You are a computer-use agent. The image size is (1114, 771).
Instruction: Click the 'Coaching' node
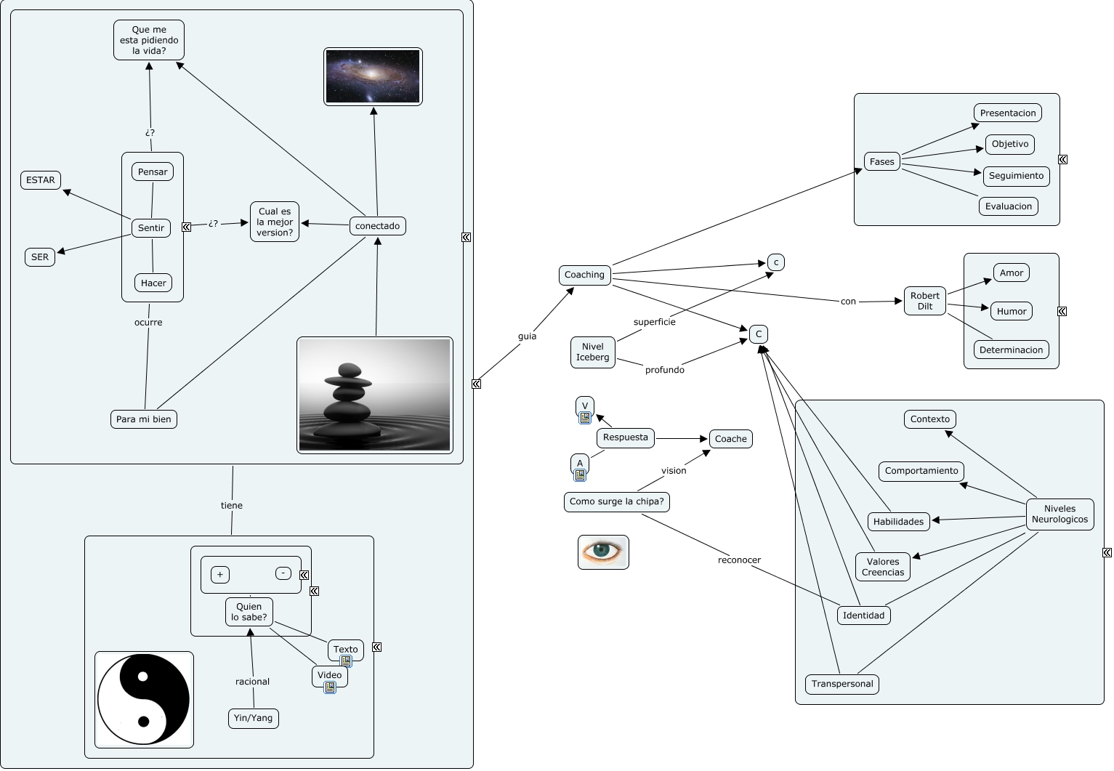(584, 275)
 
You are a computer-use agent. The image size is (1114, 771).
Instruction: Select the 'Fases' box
(881, 161)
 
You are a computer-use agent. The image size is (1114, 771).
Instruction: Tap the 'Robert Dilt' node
(924, 301)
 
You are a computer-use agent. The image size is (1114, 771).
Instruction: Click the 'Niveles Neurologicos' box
(1059, 514)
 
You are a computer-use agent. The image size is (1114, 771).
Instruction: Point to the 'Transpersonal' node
(841, 684)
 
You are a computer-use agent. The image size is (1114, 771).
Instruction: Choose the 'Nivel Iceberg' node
(592, 352)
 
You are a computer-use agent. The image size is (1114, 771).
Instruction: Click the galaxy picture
(373, 76)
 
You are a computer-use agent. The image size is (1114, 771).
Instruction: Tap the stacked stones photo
(374, 395)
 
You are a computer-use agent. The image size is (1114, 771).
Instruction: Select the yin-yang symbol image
(144, 699)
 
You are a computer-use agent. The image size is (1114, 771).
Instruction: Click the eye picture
(602, 552)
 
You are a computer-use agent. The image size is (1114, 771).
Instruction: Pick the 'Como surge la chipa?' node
(616, 501)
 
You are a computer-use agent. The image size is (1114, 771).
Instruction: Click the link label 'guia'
(527, 336)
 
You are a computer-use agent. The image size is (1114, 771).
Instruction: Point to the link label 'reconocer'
(739, 560)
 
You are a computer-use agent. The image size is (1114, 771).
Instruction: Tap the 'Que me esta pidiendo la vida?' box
(149, 41)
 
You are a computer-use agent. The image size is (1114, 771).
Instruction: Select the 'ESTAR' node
(41, 180)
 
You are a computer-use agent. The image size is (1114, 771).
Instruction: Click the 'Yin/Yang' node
(253, 718)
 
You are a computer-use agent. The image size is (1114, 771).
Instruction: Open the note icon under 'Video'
(330, 687)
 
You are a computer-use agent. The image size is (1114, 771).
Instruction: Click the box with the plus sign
(220, 575)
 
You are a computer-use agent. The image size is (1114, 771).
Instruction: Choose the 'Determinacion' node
(1011, 350)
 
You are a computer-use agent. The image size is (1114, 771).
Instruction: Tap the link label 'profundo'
(664, 370)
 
